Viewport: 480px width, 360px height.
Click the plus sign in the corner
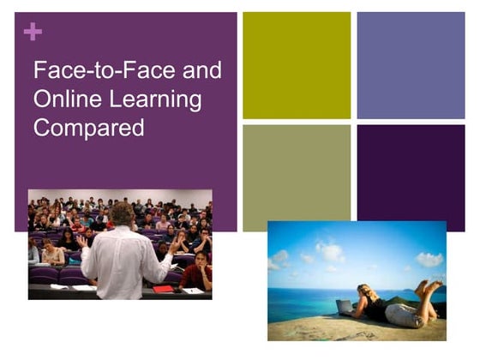click(33, 32)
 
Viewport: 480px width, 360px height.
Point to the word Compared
click(88, 129)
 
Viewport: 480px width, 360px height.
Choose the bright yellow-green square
click(297, 65)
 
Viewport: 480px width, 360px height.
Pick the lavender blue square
click(411, 65)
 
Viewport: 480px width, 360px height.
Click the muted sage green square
click(297, 178)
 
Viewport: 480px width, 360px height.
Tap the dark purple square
click(411, 178)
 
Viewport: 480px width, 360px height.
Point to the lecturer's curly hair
click(121, 214)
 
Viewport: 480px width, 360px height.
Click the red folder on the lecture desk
click(164, 289)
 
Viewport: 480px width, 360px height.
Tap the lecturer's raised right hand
click(175, 244)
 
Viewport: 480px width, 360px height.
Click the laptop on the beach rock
click(345, 307)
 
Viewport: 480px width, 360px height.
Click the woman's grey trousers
click(405, 314)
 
